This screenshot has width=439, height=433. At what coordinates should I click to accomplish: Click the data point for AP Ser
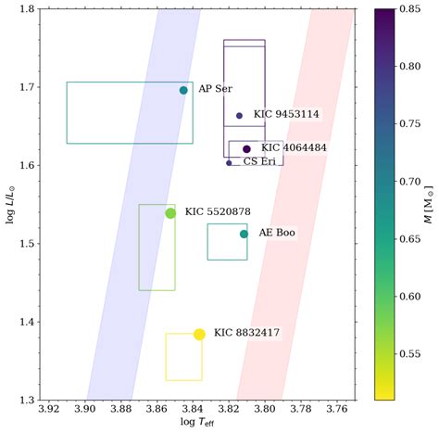pos(183,90)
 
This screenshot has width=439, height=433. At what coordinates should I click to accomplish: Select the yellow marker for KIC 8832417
pos(199,334)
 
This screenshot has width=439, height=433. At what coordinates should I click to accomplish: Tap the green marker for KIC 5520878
pos(170,213)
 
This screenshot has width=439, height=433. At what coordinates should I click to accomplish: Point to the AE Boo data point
pos(244,234)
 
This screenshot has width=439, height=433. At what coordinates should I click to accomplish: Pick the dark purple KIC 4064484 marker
pos(246,148)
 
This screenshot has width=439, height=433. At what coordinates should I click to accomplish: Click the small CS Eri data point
pos(229,162)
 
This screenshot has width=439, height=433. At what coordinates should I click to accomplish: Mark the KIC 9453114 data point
pos(239,116)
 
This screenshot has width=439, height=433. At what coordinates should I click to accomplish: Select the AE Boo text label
pos(276,233)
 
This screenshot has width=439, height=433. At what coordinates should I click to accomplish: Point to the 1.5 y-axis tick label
pos(28,244)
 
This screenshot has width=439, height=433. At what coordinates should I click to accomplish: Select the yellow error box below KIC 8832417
pos(183,357)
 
